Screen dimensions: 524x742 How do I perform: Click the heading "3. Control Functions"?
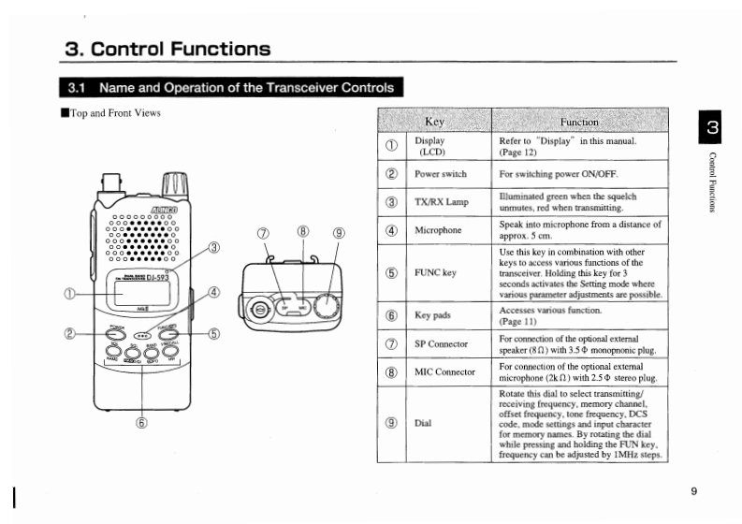168,49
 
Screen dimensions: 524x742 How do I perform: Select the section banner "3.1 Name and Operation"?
231,89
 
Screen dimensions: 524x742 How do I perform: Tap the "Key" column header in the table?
434,122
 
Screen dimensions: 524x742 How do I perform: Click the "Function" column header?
579,122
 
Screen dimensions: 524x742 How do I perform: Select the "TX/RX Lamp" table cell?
441,202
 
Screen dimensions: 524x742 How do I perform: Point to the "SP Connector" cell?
441,344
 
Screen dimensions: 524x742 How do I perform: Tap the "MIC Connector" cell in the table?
445,372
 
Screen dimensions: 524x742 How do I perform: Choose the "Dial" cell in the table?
424,422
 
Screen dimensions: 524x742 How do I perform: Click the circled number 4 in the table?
391,230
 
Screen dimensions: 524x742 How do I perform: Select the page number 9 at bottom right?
694,491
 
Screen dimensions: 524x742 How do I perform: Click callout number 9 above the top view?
338,234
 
